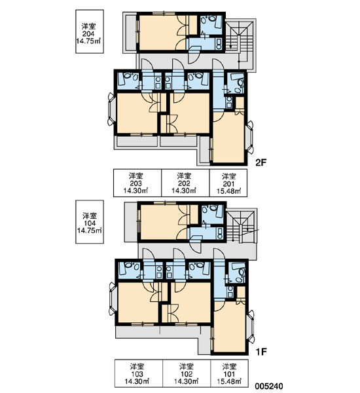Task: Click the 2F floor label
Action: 261,162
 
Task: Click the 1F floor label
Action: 261,352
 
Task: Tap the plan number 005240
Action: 269,386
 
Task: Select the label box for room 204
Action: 90,31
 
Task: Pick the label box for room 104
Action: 90,221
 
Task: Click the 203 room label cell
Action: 137,183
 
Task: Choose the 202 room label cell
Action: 185,183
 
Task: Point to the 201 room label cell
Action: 228,183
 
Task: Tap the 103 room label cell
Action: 139,373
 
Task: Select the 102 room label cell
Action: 187,373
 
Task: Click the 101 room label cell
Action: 230,373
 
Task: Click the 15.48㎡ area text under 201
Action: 228,191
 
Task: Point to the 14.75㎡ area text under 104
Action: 90,231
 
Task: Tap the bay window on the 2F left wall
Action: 111,109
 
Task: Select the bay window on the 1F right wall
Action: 251,327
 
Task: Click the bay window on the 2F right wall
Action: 250,137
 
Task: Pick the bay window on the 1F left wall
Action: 113,299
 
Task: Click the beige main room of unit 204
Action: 163,32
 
